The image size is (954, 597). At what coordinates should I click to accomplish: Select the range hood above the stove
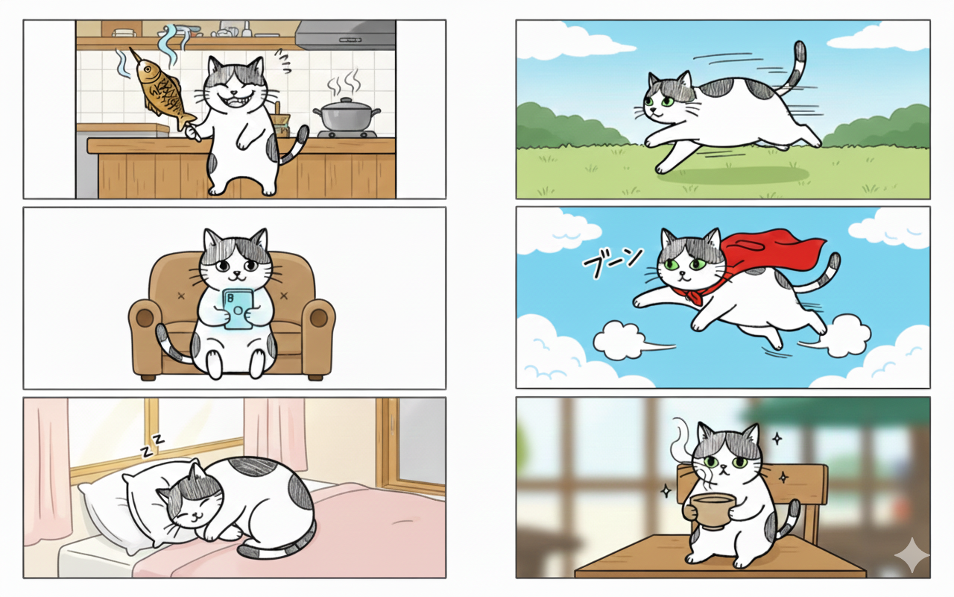coord(345,34)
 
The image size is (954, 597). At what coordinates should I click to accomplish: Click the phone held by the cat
coord(238,309)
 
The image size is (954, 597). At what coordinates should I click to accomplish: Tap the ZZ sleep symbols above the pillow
coord(153,446)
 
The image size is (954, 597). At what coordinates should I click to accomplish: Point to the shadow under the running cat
coord(733,175)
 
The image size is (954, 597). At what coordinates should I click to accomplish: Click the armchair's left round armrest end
coord(145,318)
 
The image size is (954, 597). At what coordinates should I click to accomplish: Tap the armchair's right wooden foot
coord(315,378)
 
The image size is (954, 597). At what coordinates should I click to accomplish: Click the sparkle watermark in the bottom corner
coord(912,554)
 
